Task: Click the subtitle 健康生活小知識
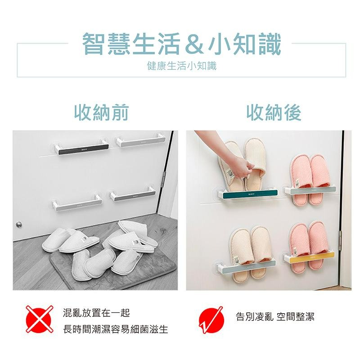(182, 66)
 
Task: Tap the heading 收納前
(101, 112)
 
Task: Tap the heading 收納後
(274, 112)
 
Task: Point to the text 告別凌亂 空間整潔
(275, 316)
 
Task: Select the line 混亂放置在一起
(96, 312)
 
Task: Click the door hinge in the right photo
(340, 237)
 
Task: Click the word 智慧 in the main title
(106, 45)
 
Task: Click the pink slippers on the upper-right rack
(310, 173)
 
